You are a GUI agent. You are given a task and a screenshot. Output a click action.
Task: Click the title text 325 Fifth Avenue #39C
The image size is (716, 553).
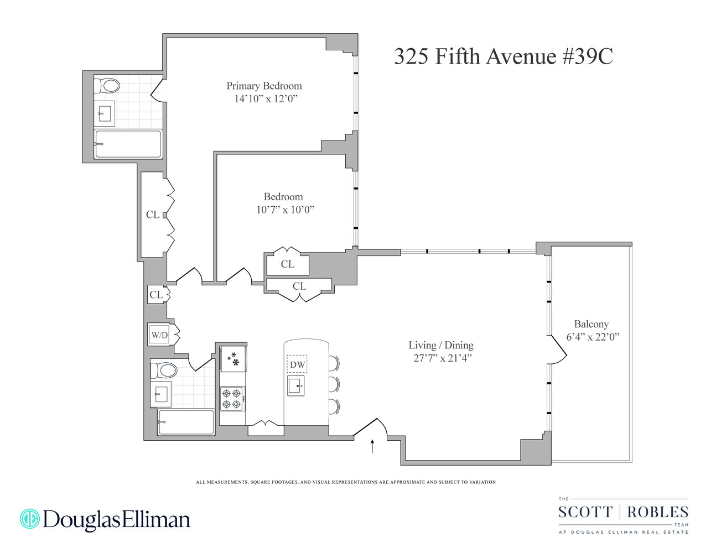tap(503, 56)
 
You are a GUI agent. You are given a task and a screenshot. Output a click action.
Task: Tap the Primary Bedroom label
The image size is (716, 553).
tap(264, 86)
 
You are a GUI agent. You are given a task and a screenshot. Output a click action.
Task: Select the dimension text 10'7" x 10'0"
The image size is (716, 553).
tap(285, 210)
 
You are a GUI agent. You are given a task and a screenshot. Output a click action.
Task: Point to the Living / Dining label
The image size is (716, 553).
tap(441, 345)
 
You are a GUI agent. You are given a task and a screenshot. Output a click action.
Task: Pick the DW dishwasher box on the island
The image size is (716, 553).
tap(297, 364)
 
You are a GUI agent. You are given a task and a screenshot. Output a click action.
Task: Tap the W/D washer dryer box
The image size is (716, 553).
tap(159, 335)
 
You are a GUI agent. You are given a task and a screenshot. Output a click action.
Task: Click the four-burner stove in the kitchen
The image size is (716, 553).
tap(232, 399)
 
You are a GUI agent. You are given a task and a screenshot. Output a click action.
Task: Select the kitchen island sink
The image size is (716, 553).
tap(295, 385)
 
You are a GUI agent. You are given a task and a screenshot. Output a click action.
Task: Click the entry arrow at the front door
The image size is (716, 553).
tap(372, 446)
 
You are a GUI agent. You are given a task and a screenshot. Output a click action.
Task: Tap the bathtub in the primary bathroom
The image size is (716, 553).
tap(128, 144)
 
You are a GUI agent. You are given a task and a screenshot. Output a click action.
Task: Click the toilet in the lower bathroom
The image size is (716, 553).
tap(164, 370)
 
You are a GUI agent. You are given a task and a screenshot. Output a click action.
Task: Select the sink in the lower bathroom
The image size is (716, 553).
tap(161, 394)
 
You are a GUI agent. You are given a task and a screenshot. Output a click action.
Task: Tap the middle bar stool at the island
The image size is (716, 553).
tap(334, 384)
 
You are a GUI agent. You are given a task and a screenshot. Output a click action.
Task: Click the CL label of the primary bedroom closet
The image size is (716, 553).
tap(153, 215)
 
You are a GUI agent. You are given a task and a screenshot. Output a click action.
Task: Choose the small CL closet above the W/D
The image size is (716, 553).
tap(156, 295)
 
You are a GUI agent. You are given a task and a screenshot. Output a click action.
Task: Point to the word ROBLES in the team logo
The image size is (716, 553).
tap(658, 512)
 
